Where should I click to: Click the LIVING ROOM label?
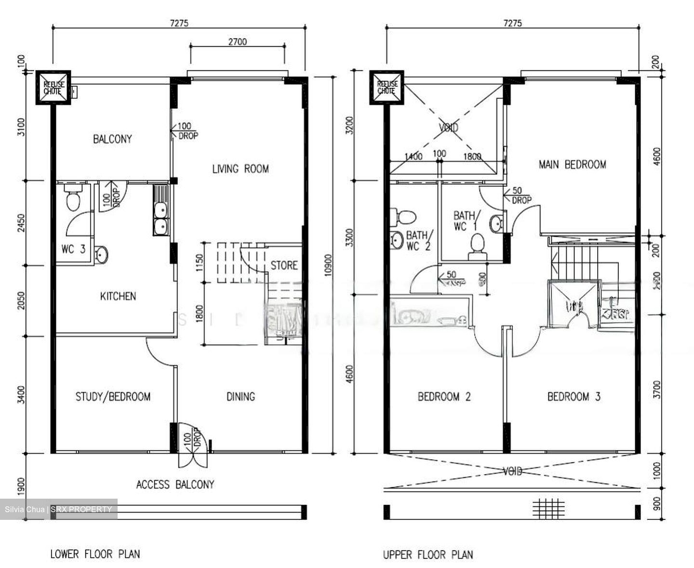240,169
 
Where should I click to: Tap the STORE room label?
284,265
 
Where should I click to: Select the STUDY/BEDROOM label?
113,397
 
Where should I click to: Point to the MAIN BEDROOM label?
572,165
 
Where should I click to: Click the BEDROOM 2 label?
444,397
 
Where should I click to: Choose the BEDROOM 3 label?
574,397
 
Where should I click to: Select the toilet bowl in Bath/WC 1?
477,243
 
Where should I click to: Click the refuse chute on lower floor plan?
53,87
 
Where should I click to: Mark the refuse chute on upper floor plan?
387,87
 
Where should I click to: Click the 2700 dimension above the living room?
237,42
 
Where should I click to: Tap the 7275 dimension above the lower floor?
178,23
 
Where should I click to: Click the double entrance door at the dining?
193,445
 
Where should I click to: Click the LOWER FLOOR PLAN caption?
95,554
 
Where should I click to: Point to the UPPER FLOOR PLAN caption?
428,555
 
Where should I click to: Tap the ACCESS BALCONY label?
175,484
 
